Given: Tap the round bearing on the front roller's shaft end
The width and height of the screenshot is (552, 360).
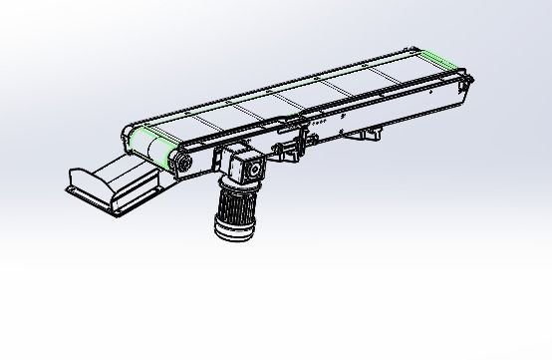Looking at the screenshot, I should coord(182,162).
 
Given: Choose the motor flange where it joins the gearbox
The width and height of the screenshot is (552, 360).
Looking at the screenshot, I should coord(239,187).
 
